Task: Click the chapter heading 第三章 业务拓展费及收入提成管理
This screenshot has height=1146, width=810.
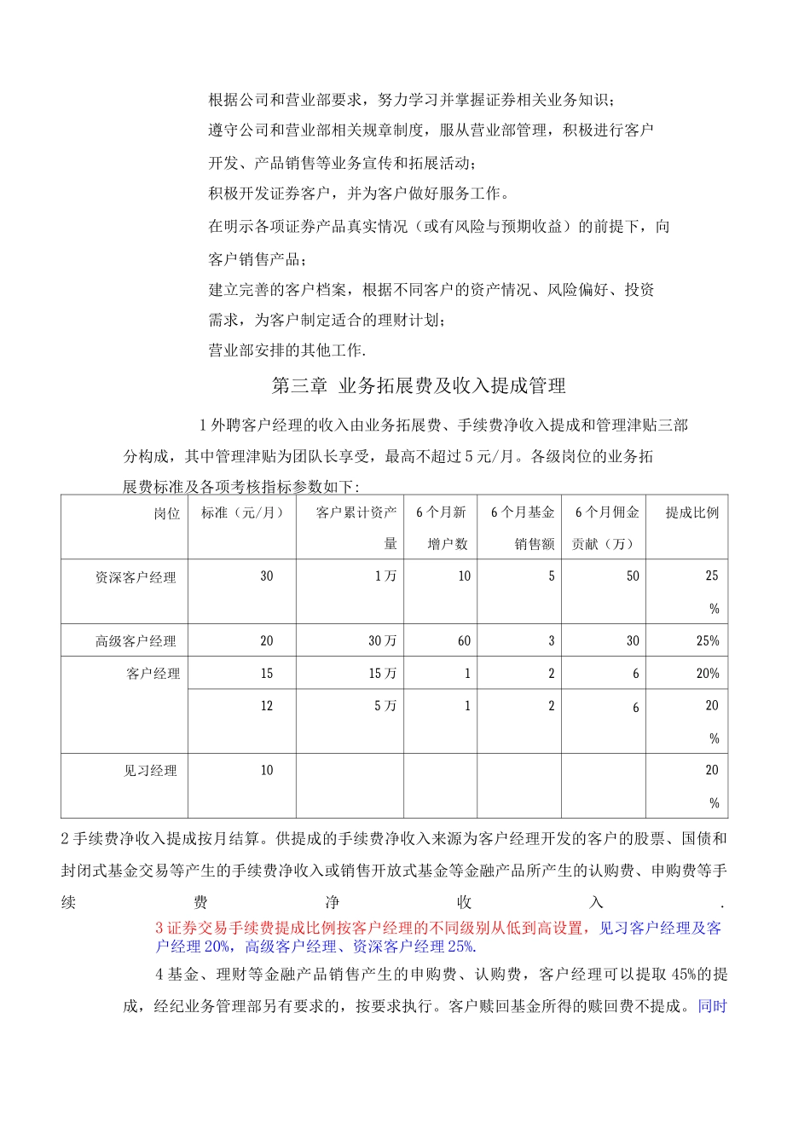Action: coord(419,386)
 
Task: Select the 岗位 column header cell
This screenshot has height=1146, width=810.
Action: coord(167,513)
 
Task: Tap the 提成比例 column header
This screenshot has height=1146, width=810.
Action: coord(691,513)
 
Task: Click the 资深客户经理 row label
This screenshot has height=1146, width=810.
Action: coord(136,578)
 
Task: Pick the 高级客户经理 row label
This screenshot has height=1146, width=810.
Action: coord(136,641)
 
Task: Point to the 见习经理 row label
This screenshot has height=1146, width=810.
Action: coord(150,771)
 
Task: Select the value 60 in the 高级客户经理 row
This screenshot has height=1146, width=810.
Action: coord(464,641)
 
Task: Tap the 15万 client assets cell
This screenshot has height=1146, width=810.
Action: coord(382,674)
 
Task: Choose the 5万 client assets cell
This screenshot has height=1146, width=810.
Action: coord(385,706)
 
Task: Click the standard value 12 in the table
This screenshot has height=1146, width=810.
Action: coord(267,706)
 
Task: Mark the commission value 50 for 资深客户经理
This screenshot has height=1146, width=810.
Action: coord(632,576)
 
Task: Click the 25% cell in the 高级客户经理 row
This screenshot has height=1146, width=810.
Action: coord(708,641)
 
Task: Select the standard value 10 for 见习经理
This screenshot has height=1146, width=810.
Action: coord(267,771)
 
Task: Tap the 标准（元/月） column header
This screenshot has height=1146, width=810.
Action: coord(242,513)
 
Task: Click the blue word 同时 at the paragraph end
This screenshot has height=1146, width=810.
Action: coord(712,1006)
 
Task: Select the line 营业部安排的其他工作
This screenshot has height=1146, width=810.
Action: coord(287,350)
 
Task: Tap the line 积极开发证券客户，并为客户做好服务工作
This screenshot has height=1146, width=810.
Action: coord(360,194)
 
